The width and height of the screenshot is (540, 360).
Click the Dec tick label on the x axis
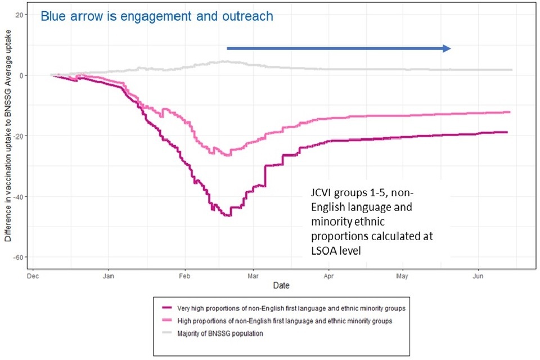(x=33, y=276)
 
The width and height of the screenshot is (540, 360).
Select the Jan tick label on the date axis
(x=109, y=276)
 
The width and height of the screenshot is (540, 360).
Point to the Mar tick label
(x=254, y=276)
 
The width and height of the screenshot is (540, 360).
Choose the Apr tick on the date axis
(x=328, y=276)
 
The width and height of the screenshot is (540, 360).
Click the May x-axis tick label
(x=402, y=276)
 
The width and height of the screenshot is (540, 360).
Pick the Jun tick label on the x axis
(x=478, y=276)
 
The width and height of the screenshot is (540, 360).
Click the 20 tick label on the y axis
(x=20, y=15)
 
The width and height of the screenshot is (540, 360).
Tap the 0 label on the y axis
(x=21, y=75)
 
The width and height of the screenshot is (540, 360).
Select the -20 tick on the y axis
(x=19, y=136)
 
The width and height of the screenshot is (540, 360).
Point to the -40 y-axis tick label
(x=19, y=196)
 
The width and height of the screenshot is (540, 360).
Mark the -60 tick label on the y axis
(x=19, y=257)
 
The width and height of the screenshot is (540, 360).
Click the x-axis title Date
(x=281, y=286)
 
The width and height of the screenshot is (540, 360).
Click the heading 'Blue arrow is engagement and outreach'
(x=157, y=16)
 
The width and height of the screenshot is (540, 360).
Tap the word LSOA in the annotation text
(x=323, y=250)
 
